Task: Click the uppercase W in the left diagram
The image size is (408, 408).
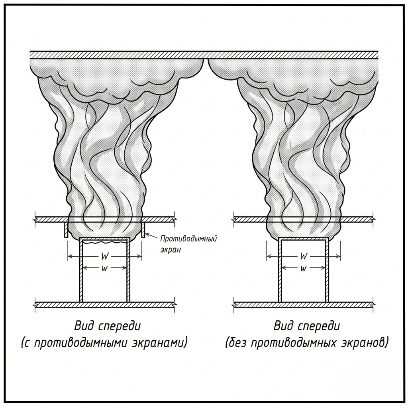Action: (105, 255)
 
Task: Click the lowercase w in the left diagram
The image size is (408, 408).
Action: (105, 268)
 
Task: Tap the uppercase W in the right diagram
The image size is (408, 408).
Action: (304, 255)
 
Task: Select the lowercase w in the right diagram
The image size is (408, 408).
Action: (304, 268)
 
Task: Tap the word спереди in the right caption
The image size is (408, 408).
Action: (318, 326)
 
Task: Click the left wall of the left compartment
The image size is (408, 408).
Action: (81, 271)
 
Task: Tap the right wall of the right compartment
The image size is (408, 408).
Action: (328, 271)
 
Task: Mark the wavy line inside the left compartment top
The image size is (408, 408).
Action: (104, 241)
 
